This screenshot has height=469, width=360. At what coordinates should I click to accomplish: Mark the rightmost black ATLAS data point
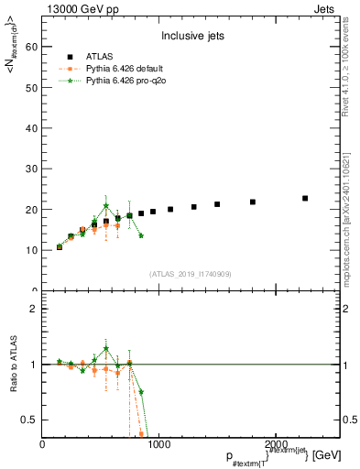(x=305, y=198)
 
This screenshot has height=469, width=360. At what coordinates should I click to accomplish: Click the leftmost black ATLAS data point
(x=60, y=246)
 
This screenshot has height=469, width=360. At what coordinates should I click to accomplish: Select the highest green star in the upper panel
(x=106, y=206)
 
